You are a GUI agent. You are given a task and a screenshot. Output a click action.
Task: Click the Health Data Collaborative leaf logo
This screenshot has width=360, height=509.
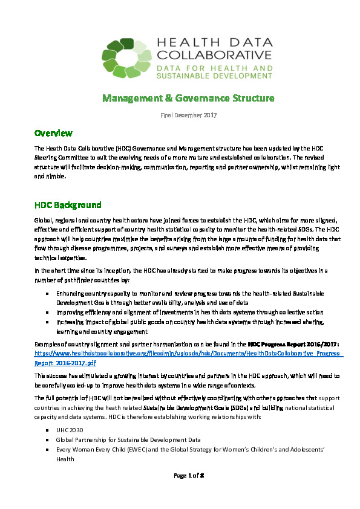pyautogui.click(x=126, y=57)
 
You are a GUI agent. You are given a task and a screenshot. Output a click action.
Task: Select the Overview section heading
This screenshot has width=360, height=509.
pyautogui.click(x=54, y=133)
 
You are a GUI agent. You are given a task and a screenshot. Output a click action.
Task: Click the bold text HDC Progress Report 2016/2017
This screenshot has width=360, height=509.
pyautogui.click(x=293, y=343)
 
